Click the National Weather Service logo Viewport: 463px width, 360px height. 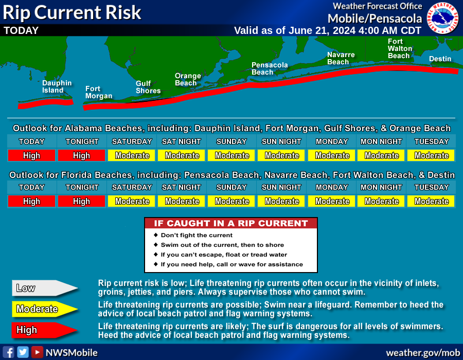[443, 17]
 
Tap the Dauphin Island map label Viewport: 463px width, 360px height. [57, 86]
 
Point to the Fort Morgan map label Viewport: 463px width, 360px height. [99, 93]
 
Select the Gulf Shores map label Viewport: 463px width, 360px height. [148, 87]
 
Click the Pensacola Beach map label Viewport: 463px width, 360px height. [269, 68]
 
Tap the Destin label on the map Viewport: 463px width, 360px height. [440, 59]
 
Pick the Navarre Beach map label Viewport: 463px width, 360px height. [341, 58]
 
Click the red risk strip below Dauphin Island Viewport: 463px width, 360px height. [45, 103]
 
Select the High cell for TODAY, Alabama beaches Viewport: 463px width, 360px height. [31, 155]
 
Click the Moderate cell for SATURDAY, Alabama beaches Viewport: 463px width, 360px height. [132, 155]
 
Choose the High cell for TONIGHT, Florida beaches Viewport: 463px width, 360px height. [81, 201]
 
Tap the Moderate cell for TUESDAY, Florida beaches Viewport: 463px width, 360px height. [431, 201]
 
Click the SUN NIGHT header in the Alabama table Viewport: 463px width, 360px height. [281, 141]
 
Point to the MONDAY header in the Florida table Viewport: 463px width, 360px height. [332, 187]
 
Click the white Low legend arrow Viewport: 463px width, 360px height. [45, 288]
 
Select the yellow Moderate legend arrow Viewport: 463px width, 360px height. [45, 309]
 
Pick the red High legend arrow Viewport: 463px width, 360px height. [45, 330]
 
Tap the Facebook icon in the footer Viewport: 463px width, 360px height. [8, 352]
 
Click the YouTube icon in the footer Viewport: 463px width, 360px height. [37, 352]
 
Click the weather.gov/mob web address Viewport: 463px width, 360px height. [423, 353]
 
